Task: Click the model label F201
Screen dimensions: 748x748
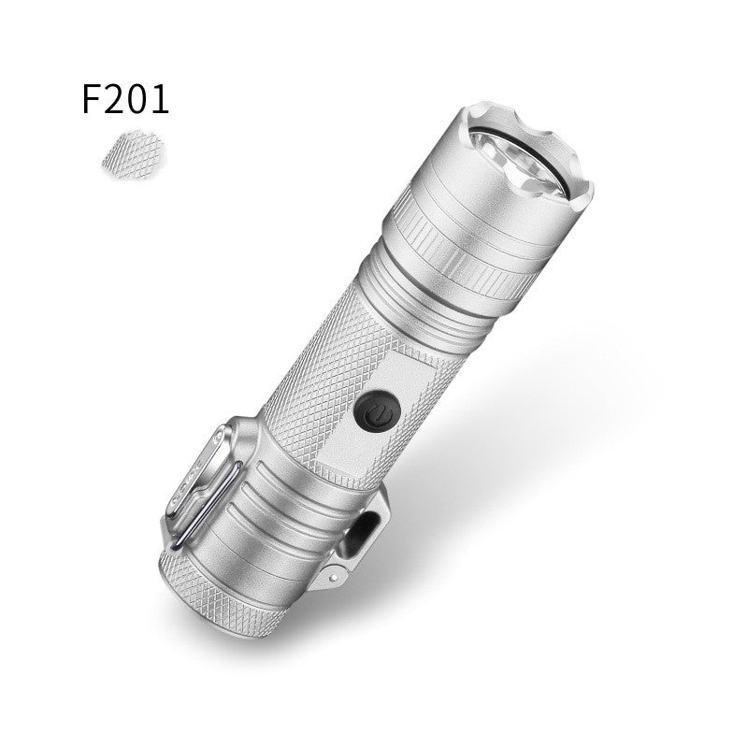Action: (x=126, y=99)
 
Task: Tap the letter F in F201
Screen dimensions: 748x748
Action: (x=93, y=99)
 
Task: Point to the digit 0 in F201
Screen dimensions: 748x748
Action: (x=138, y=99)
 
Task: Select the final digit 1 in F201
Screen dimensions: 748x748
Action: (x=161, y=99)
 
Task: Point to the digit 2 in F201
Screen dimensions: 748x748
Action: (x=115, y=99)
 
